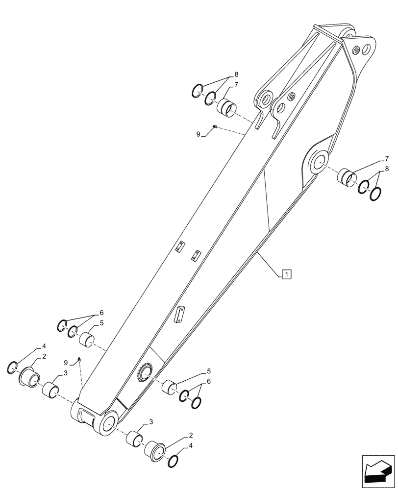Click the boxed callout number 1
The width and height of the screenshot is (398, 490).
pos(286,274)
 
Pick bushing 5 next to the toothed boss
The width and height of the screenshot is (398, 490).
pos(170,387)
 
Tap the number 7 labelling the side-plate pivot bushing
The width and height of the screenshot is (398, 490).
pos(387,159)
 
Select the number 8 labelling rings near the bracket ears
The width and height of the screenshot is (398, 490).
pos(236,74)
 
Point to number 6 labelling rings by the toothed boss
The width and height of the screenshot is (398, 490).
pos(209,380)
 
